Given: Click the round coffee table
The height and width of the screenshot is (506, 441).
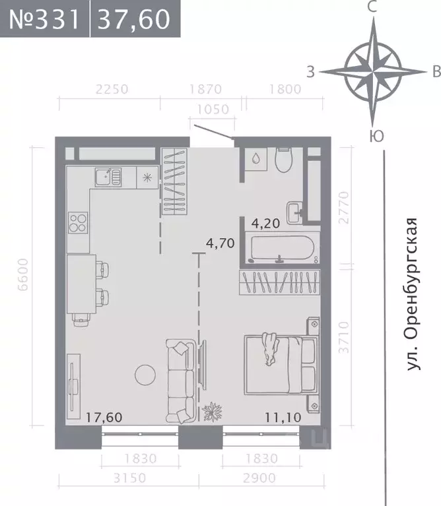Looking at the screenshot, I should coord(145,375).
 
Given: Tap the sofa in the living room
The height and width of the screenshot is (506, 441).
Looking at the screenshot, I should coord(179,381).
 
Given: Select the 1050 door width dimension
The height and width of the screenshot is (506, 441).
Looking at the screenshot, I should coord(212,110).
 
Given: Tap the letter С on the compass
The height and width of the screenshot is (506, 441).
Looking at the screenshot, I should coord(372,8).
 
